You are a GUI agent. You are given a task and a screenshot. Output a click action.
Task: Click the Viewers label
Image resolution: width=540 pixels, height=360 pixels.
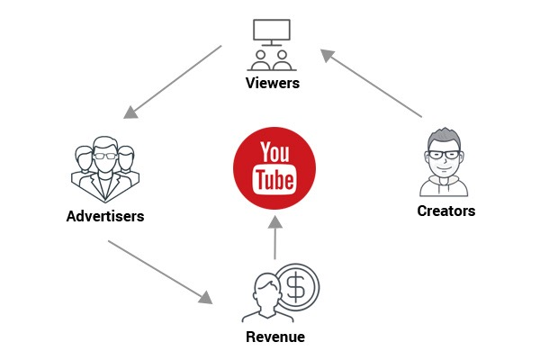(273, 83)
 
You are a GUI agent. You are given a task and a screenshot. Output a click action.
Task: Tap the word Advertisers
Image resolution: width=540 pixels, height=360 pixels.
(105, 216)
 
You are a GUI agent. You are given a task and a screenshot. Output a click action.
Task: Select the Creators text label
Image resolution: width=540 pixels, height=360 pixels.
(446, 211)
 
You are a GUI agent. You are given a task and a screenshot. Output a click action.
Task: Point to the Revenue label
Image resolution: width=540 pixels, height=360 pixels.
(275, 337)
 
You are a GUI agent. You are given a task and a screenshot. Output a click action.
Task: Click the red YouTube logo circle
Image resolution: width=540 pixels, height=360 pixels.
(274, 168)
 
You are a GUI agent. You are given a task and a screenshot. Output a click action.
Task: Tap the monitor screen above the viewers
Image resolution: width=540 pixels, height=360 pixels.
(272, 30)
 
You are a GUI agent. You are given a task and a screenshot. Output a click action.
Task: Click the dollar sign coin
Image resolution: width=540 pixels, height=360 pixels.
(297, 287)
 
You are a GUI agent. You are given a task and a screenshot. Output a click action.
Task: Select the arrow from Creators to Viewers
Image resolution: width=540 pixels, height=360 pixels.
(371, 83)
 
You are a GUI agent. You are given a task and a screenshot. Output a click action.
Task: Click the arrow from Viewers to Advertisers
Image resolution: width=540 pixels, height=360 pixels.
(173, 82)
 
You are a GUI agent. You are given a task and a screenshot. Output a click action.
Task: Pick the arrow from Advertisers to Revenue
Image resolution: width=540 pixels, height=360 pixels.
(160, 272)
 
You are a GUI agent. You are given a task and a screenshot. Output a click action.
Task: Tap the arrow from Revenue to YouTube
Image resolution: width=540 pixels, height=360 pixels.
(275, 238)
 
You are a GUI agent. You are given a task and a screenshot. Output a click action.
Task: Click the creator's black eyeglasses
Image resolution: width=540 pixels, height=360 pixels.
(444, 155)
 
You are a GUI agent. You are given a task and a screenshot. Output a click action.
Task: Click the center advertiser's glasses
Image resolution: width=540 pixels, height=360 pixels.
(105, 156)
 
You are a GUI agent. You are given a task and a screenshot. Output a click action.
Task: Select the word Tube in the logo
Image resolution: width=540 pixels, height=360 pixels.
(274, 179)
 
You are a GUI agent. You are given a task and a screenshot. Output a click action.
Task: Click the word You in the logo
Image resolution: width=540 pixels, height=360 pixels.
(274, 152)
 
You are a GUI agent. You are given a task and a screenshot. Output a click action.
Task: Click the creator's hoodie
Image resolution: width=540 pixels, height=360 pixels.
(444, 186)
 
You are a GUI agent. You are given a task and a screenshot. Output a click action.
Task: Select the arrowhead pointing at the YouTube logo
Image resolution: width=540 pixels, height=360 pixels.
(275, 222)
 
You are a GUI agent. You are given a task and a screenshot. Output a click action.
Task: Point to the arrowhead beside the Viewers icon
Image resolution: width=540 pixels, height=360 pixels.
(328, 56)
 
